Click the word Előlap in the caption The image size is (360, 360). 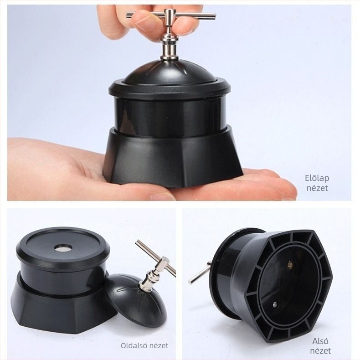click(317, 178)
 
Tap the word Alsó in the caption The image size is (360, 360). click(320, 341)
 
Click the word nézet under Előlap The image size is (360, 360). click(317, 188)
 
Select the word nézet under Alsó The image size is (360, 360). click(320, 351)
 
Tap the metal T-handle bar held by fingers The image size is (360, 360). click(171, 15)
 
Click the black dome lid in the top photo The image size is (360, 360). click(170, 72)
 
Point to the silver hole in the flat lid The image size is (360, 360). click(63, 247)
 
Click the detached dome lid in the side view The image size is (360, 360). click(136, 299)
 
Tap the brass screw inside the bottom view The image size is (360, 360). click(290, 264)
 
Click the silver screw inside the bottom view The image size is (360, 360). click(275, 305)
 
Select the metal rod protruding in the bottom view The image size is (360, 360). click(199, 273)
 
